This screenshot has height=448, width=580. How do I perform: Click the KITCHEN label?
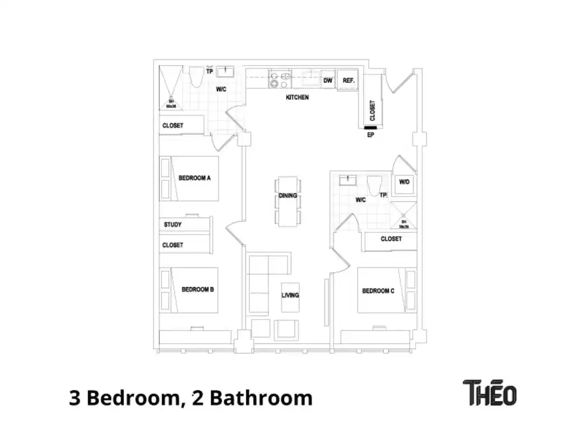click(x=297, y=97)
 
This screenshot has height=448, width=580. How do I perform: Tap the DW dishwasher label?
click(x=328, y=81)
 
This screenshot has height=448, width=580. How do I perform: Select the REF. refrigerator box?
click(x=349, y=81)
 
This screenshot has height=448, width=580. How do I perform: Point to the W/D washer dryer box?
click(x=405, y=183)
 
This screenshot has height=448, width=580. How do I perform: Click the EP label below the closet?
click(x=370, y=135)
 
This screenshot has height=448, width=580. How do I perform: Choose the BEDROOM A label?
click(x=194, y=178)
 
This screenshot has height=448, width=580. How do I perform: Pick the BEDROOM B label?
click(x=198, y=290)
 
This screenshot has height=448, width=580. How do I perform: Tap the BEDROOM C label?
click(x=378, y=291)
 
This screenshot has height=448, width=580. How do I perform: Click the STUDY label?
click(x=173, y=225)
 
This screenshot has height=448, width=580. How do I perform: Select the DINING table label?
click(x=288, y=196)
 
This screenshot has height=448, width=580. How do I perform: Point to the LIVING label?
click(x=290, y=295)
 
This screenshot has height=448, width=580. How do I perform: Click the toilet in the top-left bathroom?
click(x=196, y=77)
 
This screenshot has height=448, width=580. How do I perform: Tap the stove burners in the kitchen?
click(x=279, y=80)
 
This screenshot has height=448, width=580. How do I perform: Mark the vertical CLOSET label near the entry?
click(x=373, y=110)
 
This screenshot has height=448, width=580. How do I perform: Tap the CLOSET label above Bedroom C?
click(x=391, y=239)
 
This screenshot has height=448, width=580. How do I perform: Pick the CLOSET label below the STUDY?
click(x=173, y=245)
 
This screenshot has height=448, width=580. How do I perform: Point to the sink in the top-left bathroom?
click(x=228, y=71)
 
